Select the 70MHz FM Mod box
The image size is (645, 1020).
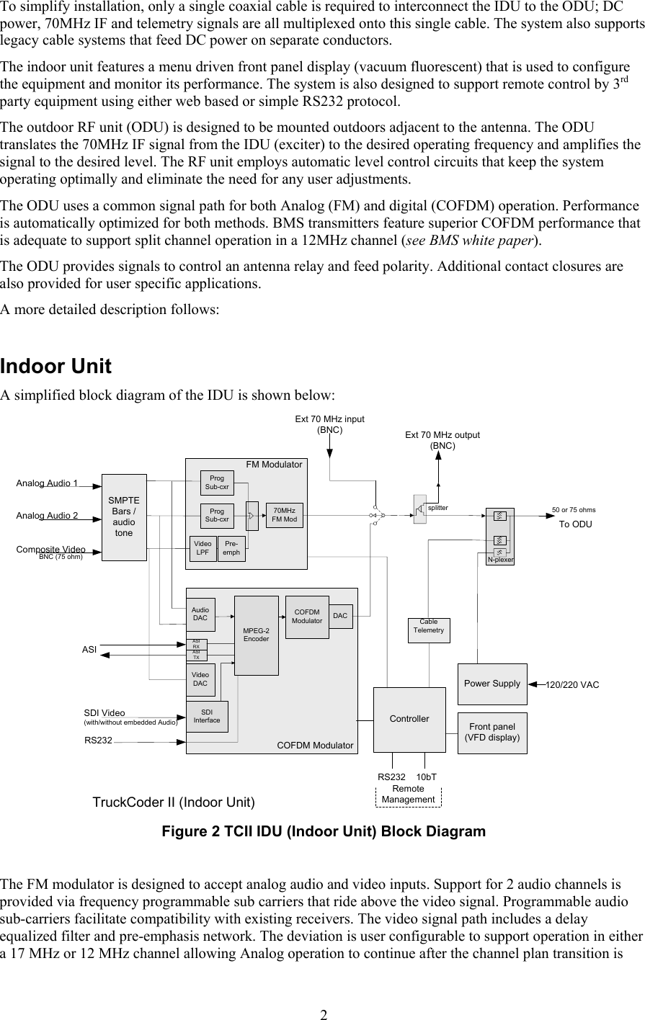click(285, 514)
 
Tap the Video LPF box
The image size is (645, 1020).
click(203, 548)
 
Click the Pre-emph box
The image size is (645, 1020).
click(231, 548)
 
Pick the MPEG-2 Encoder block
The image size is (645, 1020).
click(257, 635)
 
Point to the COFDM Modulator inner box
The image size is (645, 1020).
click(307, 617)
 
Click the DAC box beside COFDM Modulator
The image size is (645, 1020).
click(342, 616)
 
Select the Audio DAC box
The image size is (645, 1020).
click(200, 614)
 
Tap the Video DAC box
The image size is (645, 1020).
click(200, 679)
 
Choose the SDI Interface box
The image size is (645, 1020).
click(207, 717)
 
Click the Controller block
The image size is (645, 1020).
click(409, 719)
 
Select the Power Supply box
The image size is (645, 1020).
click(492, 684)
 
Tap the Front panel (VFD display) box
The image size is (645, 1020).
click(492, 733)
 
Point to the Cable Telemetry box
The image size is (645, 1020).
click(429, 630)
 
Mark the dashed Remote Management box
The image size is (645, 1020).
click(408, 795)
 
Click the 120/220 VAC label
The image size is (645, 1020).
click(573, 684)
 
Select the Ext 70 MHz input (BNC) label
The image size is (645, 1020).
click(329, 424)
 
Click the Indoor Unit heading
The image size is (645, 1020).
click(56, 367)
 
